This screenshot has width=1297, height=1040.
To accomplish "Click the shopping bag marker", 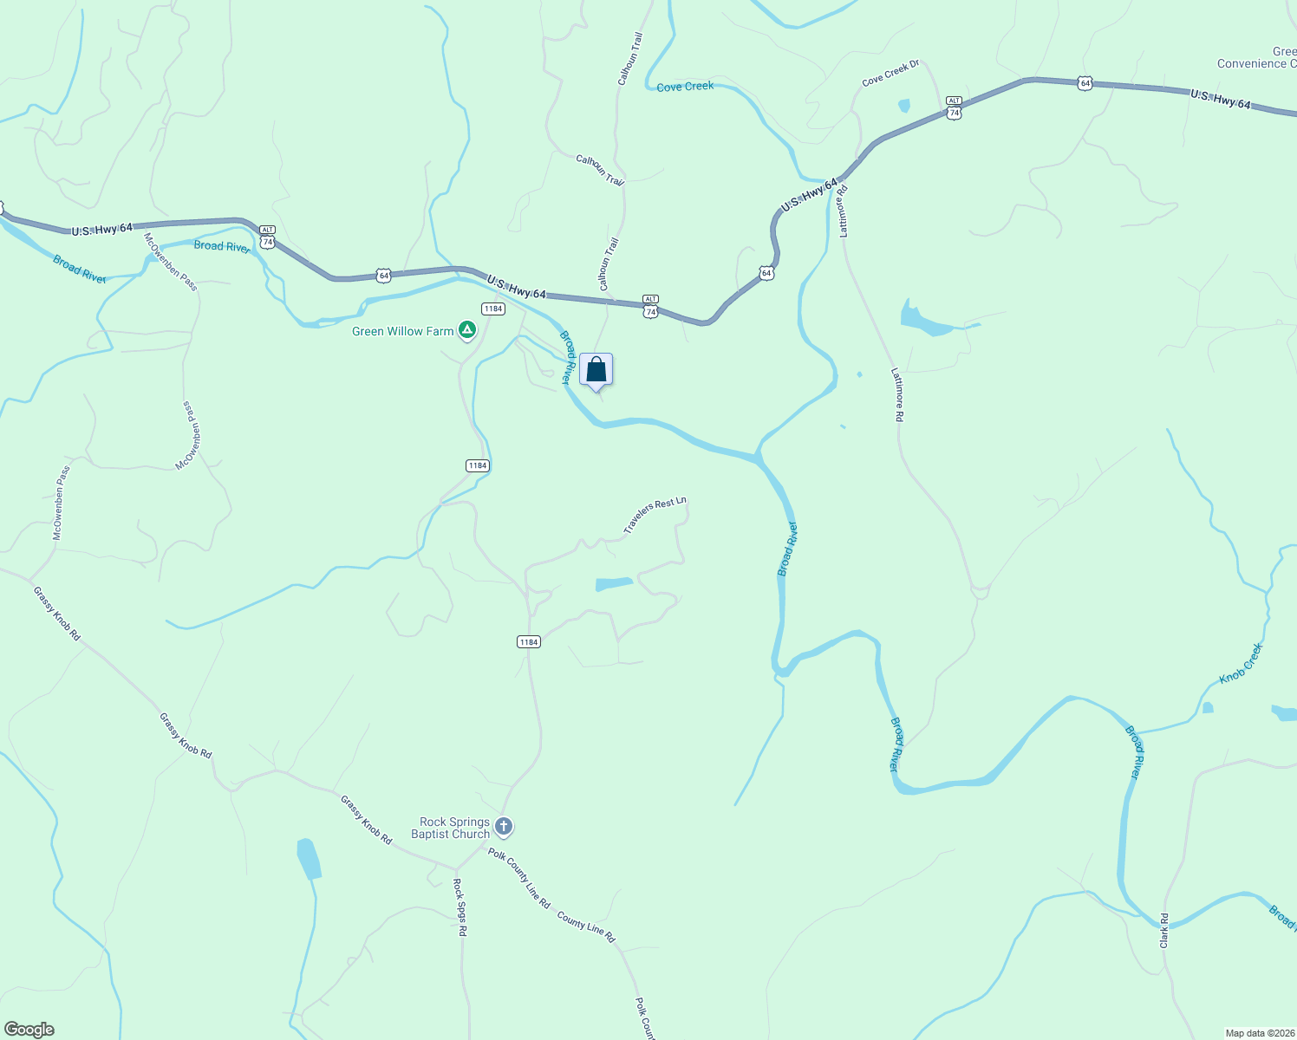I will (x=596, y=370).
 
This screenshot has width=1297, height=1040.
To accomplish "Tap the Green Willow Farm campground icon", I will (x=467, y=330).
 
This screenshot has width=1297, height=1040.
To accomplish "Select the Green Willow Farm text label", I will (x=402, y=331).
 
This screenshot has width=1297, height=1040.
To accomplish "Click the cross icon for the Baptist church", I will (x=504, y=828).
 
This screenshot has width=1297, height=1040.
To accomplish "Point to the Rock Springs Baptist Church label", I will (x=450, y=829).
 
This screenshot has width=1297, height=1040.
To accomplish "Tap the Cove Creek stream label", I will (x=685, y=87).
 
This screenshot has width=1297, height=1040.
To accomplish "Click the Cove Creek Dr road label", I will (x=890, y=73).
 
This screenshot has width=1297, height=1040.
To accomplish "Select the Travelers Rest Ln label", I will (x=655, y=515).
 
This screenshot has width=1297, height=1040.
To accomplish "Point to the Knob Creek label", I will (x=1242, y=663).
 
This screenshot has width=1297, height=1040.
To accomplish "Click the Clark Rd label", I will (x=1164, y=930).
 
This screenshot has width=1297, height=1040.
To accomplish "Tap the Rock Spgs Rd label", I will (x=461, y=907).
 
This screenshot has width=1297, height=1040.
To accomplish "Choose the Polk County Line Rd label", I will (x=518, y=877).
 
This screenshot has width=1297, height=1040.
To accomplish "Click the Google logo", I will (x=29, y=1030).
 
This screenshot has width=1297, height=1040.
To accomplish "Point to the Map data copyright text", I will (x=1259, y=1033).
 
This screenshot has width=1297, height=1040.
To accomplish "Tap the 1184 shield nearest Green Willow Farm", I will (x=492, y=309).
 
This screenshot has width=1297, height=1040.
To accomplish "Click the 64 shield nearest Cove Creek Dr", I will (x=1085, y=83).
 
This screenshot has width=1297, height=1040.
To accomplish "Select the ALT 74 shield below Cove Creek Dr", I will (x=954, y=107).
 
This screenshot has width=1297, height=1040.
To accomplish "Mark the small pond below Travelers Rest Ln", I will (x=614, y=584).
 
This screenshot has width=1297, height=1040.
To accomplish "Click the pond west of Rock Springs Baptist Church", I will (x=308, y=859).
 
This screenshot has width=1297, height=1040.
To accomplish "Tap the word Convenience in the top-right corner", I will (x=1252, y=63).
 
